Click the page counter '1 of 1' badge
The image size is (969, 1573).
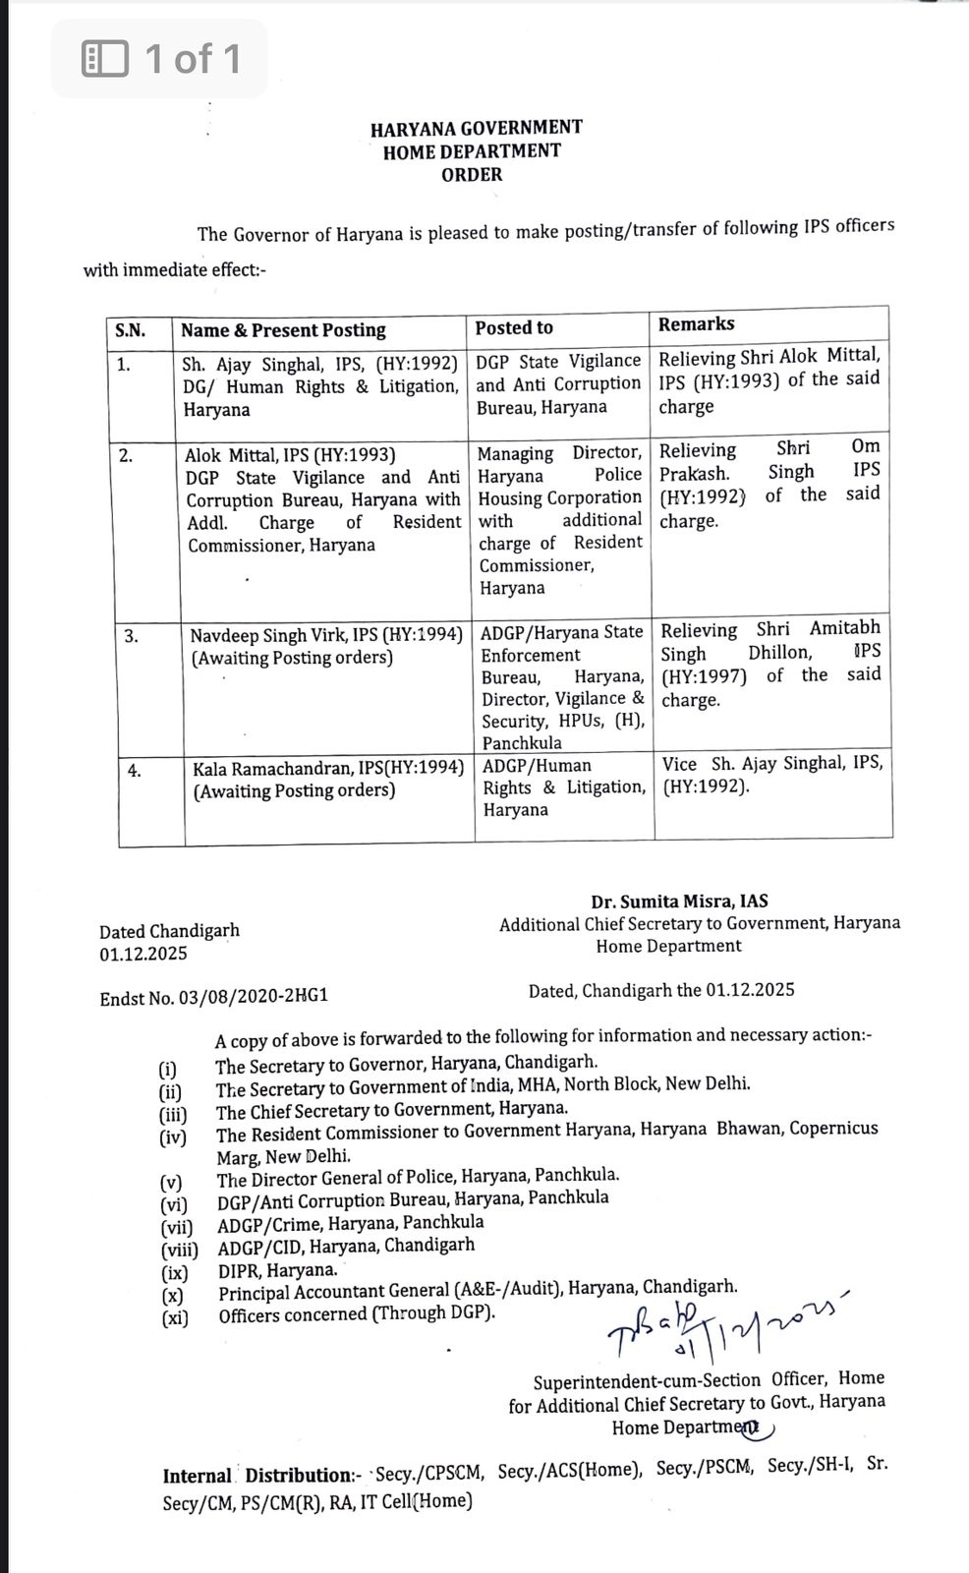pos(160,59)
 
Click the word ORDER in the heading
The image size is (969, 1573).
pos(472,175)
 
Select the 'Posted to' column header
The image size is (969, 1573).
pos(514,327)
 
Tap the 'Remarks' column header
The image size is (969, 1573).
pos(696,323)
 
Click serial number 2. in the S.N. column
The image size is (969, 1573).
pos(126,455)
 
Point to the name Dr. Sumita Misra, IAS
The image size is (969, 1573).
pos(679,901)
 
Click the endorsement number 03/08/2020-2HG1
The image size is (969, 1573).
pos(253,997)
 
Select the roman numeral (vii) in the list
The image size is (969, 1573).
pos(177,1227)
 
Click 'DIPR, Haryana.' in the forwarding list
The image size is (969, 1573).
pos(277,1269)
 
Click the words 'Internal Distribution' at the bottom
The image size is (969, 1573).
pos(257,1475)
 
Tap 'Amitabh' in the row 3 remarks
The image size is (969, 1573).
pos(844,627)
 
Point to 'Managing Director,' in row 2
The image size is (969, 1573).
pos(559,453)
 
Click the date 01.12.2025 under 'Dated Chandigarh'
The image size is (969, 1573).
pos(142,954)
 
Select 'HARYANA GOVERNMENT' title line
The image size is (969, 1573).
pos(476,128)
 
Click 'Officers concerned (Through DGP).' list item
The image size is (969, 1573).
pos(357,1314)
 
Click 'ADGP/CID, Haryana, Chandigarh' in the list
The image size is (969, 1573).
pos(346,1245)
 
